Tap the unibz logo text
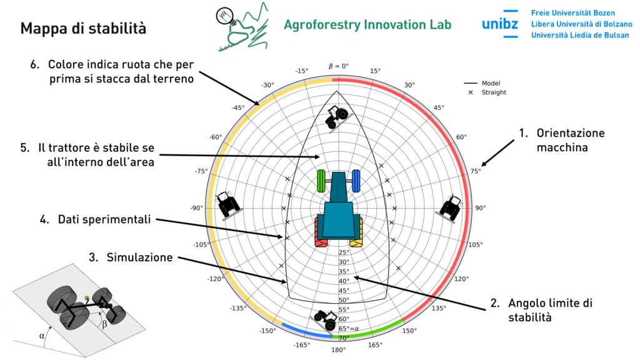pyautogui.click(x=499, y=24)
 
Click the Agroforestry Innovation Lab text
pyautogui.click(x=367, y=24)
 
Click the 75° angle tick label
pyautogui.click(x=476, y=171)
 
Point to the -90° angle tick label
pyautogui.click(x=197, y=208)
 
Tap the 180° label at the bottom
pyautogui.click(x=338, y=350)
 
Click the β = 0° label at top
pyautogui.click(x=338, y=66)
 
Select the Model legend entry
pyautogui.click(x=491, y=83)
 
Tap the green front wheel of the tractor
pyautogui.click(x=321, y=181)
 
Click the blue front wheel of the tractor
pyautogui.click(x=356, y=181)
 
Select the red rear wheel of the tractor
pyautogui.click(x=321, y=232)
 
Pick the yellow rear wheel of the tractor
pyautogui.click(x=357, y=232)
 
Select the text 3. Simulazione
pyautogui.click(x=139, y=257)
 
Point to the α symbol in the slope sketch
pyautogui.click(x=42, y=336)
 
